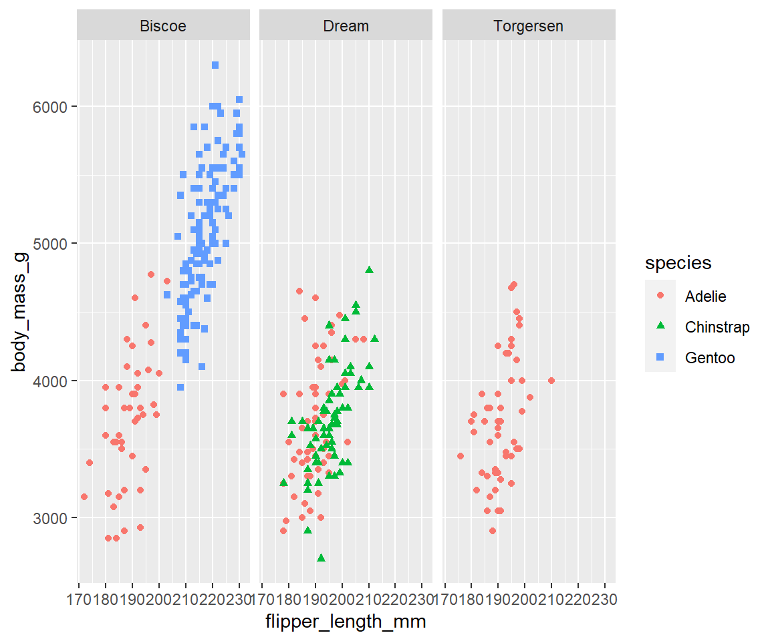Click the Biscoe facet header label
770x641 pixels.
162,26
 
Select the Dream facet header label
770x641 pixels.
346,26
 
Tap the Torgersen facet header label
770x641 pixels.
528,26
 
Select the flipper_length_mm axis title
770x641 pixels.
346,622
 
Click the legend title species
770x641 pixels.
678,264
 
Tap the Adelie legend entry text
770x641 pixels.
705,296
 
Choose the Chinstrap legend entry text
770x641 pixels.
717,327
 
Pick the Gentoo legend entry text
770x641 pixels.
710,358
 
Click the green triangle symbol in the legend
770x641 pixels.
660,327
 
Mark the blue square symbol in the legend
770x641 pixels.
660,358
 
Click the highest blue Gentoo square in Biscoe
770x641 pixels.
215,65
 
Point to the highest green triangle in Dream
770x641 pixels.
369,270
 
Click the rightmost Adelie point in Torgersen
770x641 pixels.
551,381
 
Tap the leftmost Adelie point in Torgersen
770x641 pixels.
460,456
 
